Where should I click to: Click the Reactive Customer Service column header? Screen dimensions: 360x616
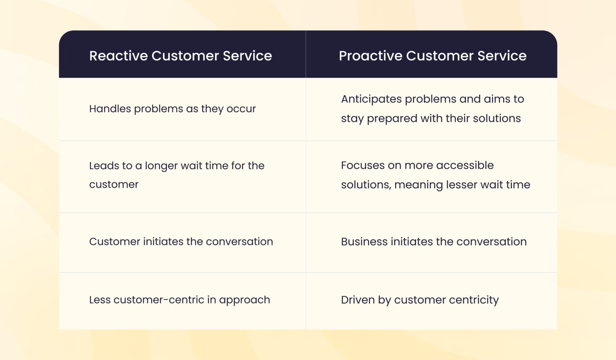(180, 56)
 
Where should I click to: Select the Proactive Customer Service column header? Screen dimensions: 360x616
(432, 56)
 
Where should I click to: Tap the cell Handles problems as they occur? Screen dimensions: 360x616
(172, 109)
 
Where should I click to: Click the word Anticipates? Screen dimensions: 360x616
(371, 99)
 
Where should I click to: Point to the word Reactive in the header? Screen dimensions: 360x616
(118, 56)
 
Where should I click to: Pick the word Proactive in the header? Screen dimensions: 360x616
(370, 56)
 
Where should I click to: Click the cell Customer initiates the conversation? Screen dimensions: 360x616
(181, 241)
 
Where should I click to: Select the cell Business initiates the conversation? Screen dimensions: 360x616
(434, 241)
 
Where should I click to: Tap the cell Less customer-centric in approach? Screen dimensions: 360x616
(179, 300)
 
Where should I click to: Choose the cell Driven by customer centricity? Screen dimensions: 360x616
(419, 300)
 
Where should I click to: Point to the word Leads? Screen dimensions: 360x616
(104, 166)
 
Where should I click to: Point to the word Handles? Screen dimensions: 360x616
(110, 109)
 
